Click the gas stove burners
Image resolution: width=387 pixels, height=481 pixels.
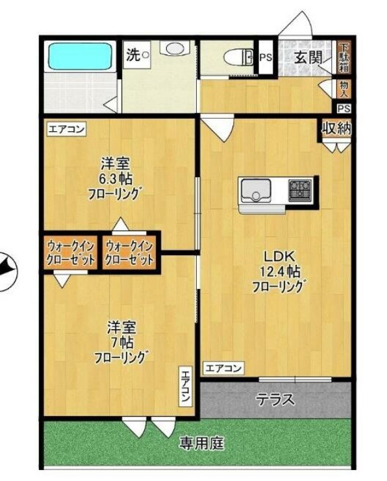coord(300,190)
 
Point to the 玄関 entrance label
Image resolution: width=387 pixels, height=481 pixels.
coord(308,57)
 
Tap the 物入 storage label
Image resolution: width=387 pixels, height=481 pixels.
coord(344,88)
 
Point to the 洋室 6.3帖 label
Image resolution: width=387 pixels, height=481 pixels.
coord(116,177)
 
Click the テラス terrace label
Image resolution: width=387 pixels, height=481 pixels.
coord(275,399)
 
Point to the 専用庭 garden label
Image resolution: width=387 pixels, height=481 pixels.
coord(201,444)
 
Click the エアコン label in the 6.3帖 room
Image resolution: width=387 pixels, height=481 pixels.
coord(67,129)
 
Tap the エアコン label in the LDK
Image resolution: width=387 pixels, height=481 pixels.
coord(224,369)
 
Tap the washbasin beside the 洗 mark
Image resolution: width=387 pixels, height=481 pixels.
coord(173,49)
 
